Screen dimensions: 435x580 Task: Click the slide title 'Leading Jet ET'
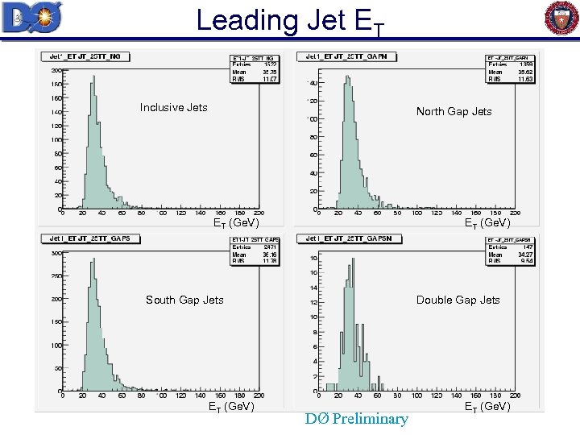(291, 21)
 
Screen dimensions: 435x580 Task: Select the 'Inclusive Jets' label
(173, 107)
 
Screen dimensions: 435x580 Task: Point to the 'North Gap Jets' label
(454, 111)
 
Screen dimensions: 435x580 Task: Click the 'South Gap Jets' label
(184, 300)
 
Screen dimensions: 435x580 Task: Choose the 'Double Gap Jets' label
(458, 300)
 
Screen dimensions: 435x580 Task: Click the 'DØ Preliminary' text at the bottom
(356, 419)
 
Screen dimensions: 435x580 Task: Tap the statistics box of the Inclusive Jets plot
(255, 69)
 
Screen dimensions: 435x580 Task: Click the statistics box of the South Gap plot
(255, 251)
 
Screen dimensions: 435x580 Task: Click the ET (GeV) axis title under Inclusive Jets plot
(235, 223)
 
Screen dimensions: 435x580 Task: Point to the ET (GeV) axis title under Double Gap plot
(487, 407)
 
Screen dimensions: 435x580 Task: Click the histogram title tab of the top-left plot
(78, 56)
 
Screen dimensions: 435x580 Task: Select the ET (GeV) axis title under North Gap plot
(487, 223)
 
